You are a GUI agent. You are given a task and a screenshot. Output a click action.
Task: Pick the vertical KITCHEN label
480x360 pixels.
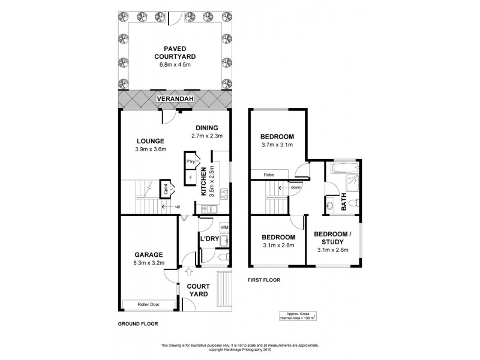tap(203, 182)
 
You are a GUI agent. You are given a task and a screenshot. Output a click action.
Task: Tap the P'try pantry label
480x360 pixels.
tap(191, 162)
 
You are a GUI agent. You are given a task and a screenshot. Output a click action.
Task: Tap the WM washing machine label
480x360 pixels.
tap(224, 227)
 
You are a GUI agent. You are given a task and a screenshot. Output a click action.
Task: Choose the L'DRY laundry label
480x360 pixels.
tap(209, 239)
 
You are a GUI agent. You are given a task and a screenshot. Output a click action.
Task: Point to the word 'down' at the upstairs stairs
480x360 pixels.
tap(296, 187)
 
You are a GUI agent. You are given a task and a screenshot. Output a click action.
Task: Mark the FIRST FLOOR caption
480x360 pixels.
tap(264, 280)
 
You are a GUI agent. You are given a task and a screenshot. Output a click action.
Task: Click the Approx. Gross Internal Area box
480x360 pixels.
tap(298, 316)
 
